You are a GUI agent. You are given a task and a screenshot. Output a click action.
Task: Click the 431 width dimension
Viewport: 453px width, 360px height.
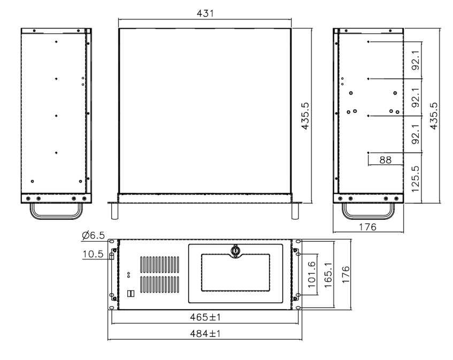coord(204,13)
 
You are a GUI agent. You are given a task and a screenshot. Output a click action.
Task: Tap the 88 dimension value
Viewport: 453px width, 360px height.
coord(385,159)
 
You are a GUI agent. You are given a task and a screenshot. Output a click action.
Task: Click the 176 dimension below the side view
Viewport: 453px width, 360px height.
coord(366,226)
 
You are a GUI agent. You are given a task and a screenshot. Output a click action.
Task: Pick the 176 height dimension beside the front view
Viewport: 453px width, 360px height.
coord(345,274)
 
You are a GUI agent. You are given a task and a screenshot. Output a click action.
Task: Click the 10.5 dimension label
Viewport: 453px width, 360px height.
coord(92,256)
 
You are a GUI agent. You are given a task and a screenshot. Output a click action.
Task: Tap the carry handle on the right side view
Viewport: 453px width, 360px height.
coord(368,212)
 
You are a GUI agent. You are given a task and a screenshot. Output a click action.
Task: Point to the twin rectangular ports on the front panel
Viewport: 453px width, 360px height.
coord(130,294)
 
